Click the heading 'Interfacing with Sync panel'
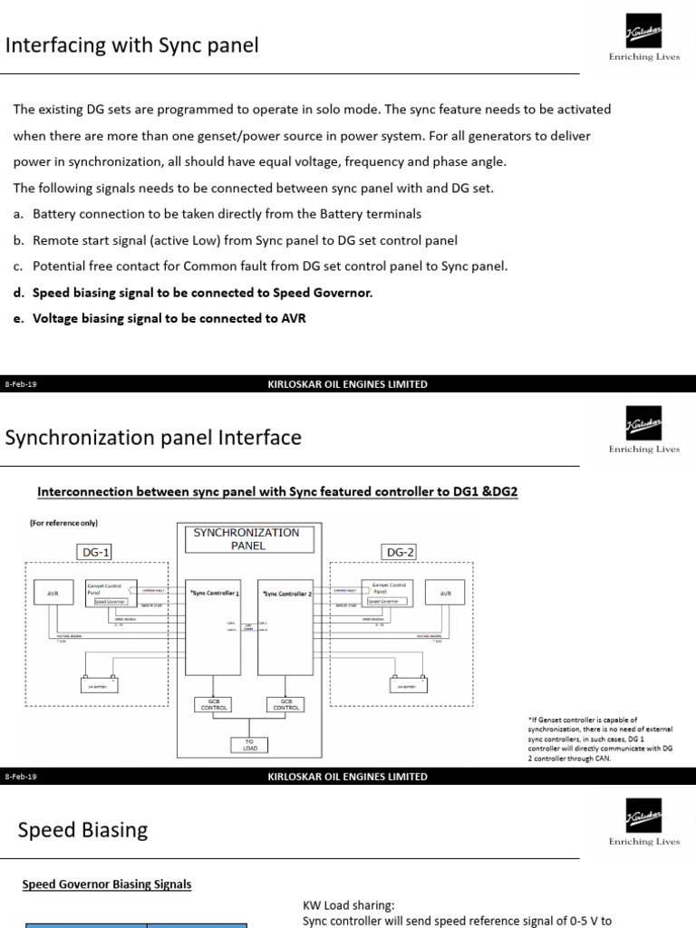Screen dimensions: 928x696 pyautogui.click(x=132, y=45)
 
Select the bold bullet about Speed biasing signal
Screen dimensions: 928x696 pyautogui.click(x=202, y=293)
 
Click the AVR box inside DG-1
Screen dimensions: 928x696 pyautogui.click(x=51, y=594)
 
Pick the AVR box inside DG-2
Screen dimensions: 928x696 pyautogui.click(x=445, y=594)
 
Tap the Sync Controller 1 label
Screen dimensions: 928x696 pyautogui.click(x=214, y=593)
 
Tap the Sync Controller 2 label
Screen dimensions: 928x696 pyautogui.click(x=288, y=593)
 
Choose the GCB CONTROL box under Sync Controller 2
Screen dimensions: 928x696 pyautogui.click(x=285, y=705)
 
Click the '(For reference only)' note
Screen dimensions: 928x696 pyautogui.click(x=63, y=523)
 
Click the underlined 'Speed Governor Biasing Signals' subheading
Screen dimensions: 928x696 pyautogui.click(x=106, y=884)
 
